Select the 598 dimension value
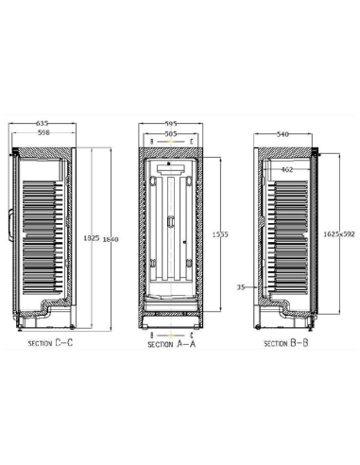click(x=43, y=132)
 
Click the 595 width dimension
click(x=170, y=124)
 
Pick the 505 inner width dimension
click(x=170, y=133)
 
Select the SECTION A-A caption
click(x=172, y=346)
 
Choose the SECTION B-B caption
click(x=286, y=343)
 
